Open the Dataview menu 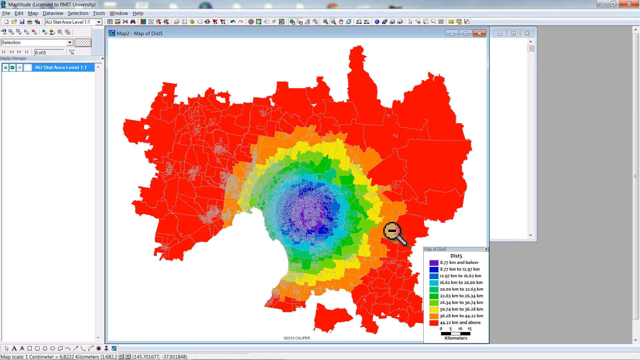53,13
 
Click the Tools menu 99,13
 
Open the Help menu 138,13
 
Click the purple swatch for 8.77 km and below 434,263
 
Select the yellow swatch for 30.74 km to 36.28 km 434,309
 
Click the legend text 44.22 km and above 460,323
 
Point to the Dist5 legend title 456,256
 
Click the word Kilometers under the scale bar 456,338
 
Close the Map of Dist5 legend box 486,249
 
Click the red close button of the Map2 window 479,33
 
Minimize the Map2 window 452,33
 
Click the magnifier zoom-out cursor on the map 392,231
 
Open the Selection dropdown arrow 70,43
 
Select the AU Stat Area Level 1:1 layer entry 61,67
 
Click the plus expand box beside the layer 6,68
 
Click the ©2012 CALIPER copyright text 297,338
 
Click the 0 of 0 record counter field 49,52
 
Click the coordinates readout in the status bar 160,357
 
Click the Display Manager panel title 13,58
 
